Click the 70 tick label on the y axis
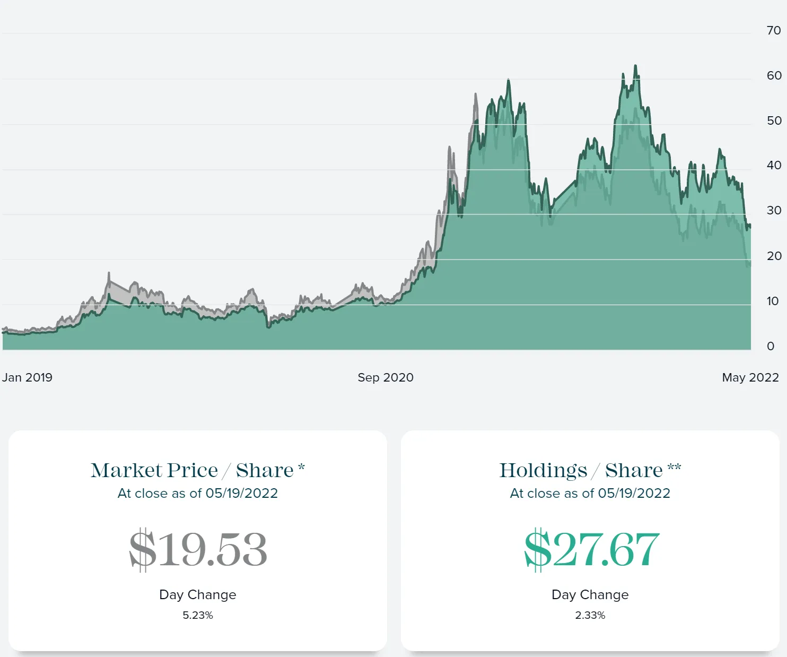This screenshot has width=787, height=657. (x=774, y=30)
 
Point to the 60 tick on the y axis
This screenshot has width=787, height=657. (x=774, y=75)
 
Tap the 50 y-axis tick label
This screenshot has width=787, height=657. (x=774, y=120)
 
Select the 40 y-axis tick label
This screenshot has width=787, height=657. (x=774, y=165)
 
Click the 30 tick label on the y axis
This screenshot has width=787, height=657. (x=774, y=211)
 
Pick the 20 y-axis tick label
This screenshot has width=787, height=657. (x=774, y=256)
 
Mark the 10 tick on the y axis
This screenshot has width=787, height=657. (x=773, y=301)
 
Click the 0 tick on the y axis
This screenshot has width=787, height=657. (x=771, y=346)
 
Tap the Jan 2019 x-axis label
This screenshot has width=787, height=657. (x=27, y=377)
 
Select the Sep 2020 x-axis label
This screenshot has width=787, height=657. (x=386, y=377)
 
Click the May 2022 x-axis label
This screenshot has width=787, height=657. (x=750, y=377)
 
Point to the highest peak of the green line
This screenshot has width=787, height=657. (x=635, y=66)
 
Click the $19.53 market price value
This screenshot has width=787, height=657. (x=198, y=549)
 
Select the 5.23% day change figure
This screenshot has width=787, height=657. (x=198, y=615)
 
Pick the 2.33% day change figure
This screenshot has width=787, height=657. (x=590, y=615)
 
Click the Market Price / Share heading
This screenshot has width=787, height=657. (x=197, y=470)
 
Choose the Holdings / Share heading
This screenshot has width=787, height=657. (x=590, y=471)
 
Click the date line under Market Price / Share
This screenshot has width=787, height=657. (x=198, y=494)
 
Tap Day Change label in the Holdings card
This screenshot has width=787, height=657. (x=590, y=595)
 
